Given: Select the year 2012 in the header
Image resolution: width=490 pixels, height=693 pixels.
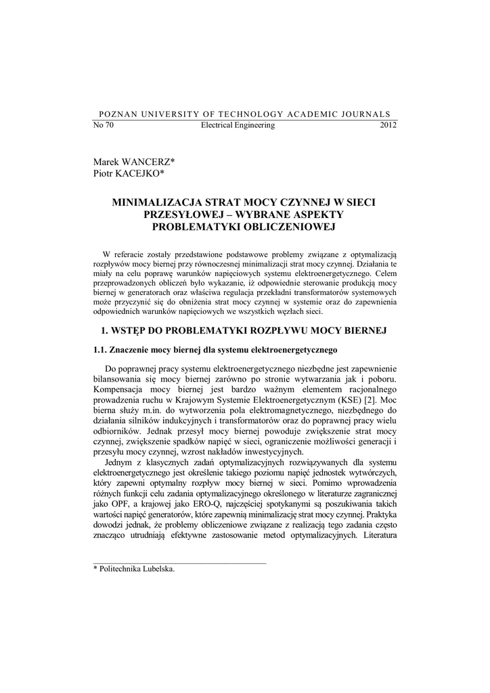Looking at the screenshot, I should (388, 125).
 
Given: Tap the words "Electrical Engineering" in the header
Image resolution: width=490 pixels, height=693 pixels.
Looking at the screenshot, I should (238, 125).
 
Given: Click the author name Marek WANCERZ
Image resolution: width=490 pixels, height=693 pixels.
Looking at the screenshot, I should (133, 163).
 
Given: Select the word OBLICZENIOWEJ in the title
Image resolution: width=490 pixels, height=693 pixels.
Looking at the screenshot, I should (286, 226).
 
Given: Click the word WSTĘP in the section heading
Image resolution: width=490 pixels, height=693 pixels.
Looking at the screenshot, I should (129, 331).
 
